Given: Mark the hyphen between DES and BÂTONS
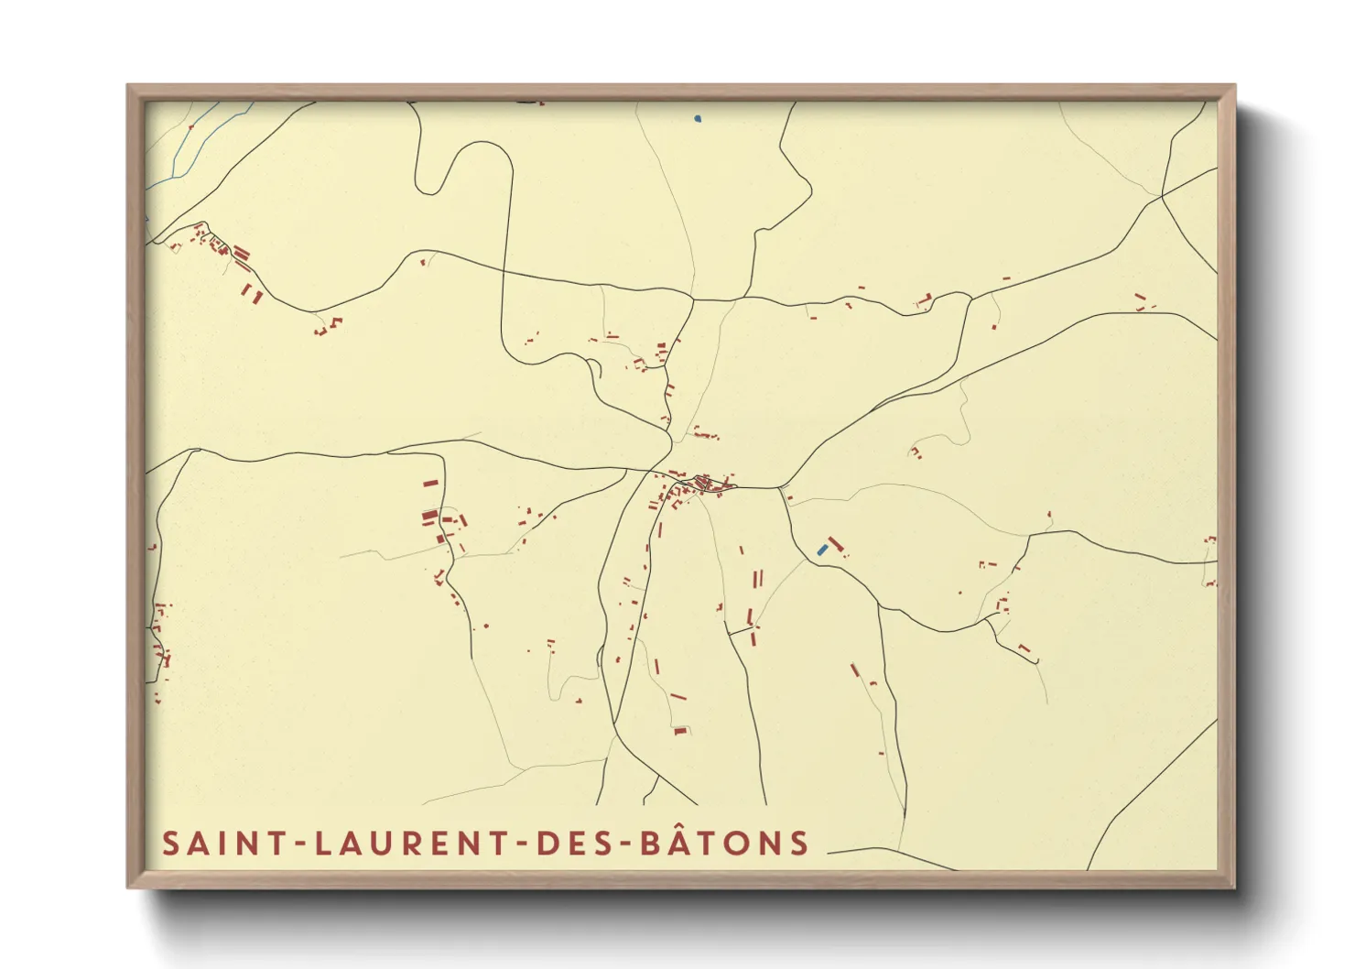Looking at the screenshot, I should (619, 844).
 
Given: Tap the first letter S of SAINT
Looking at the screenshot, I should (171, 844).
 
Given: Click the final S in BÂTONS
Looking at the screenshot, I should (799, 844).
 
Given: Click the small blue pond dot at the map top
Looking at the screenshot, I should (698, 118).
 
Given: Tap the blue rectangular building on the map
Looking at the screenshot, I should (822, 550).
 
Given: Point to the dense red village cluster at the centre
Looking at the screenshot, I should (703, 483).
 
